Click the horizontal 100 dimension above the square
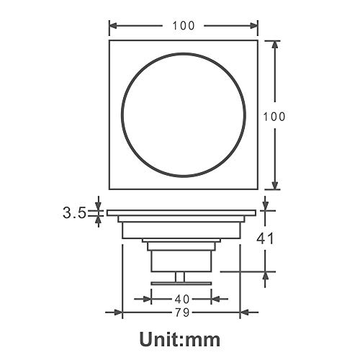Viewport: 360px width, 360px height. point(184,26)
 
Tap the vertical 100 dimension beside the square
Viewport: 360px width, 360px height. point(274,117)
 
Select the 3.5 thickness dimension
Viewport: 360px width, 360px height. point(74,213)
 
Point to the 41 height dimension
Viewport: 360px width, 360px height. point(265,238)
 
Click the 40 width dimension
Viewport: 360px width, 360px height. point(182,300)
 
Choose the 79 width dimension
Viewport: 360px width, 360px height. point(182,312)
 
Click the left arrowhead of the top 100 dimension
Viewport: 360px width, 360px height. point(113,26)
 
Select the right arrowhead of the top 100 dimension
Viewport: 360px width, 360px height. point(254,26)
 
